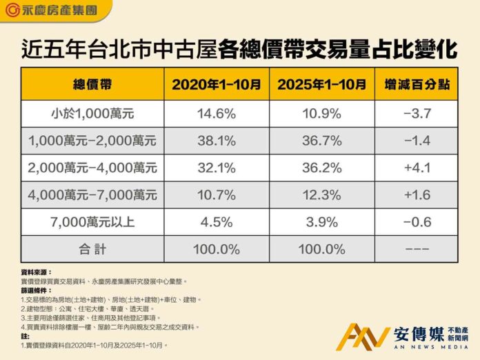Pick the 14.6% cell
pyautogui.click(x=217, y=113)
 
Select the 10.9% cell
pyautogui.click(x=322, y=113)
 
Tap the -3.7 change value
pyautogui.click(x=417, y=113)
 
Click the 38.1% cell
pyautogui.click(x=217, y=140)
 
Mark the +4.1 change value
pyautogui.click(x=417, y=168)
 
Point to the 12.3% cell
pyautogui.click(x=322, y=195)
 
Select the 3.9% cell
pyautogui.click(x=322, y=222)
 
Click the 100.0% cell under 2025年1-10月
pyautogui.click(x=322, y=249)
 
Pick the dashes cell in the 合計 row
pyautogui.click(x=417, y=249)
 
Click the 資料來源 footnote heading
pyautogui.click(x=37, y=272)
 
